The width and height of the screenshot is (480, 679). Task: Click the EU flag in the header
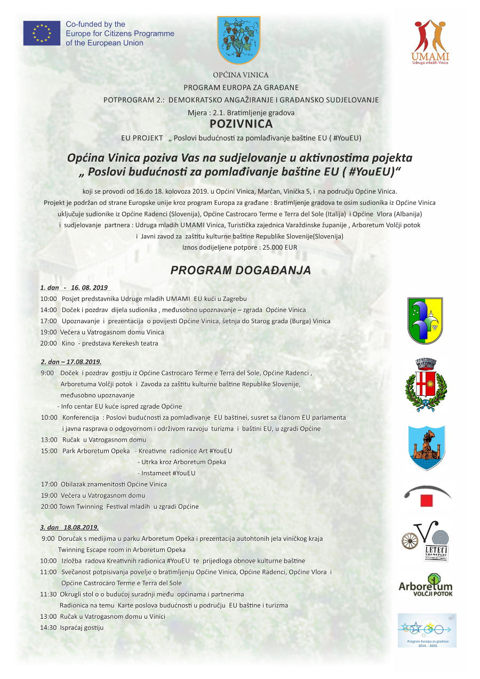[x=42, y=33]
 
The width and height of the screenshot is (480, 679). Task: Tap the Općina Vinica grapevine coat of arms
[x=238, y=40]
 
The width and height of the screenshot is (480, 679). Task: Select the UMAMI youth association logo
[x=430, y=42]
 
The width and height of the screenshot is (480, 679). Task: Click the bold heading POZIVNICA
[x=241, y=124]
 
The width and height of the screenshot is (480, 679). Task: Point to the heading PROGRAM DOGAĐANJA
[x=241, y=270]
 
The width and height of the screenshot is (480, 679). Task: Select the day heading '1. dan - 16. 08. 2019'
[x=74, y=287]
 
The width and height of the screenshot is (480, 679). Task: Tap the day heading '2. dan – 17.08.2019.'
[x=71, y=362]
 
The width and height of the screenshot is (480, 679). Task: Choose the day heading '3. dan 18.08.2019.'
[x=69, y=527]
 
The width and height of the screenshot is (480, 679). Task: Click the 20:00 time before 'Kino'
[x=49, y=344]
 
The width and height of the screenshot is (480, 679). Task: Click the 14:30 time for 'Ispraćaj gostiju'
[x=49, y=627]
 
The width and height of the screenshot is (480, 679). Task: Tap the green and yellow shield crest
[x=425, y=321]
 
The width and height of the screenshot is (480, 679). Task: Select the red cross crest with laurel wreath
[x=426, y=385]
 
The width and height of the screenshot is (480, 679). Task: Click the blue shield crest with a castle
[x=426, y=448]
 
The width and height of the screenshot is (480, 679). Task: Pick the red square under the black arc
[x=426, y=500]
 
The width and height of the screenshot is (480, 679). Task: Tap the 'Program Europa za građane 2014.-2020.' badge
[x=427, y=630]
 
